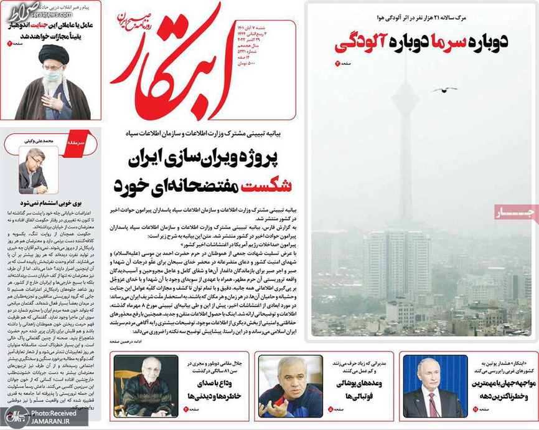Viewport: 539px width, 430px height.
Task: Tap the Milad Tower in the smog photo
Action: point(407,100)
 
